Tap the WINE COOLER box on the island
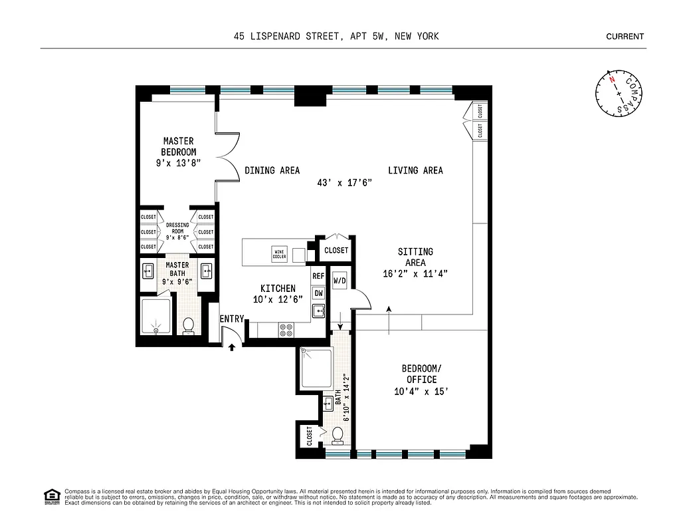pyautogui.click(x=279, y=253)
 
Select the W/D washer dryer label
pyautogui.click(x=339, y=281)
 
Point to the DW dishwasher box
pyautogui.click(x=318, y=293)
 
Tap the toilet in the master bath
pyautogui.click(x=188, y=326)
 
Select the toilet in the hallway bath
pyautogui.click(x=338, y=435)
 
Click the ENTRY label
pyautogui.click(x=232, y=319)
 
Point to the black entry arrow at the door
pyautogui.click(x=232, y=346)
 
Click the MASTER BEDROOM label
pyautogui.click(x=178, y=146)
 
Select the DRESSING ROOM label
pyautogui.click(x=177, y=229)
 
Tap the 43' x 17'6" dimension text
pyautogui.click(x=343, y=183)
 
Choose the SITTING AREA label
pyautogui.click(x=415, y=257)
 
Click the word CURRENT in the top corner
pyautogui.click(x=625, y=37)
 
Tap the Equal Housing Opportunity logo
pyautogui.click(x=50, y=495)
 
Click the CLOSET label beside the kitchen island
pyautogui.click(x=336, y=251)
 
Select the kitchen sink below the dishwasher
pyautogui.click(x=318, y=311)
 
